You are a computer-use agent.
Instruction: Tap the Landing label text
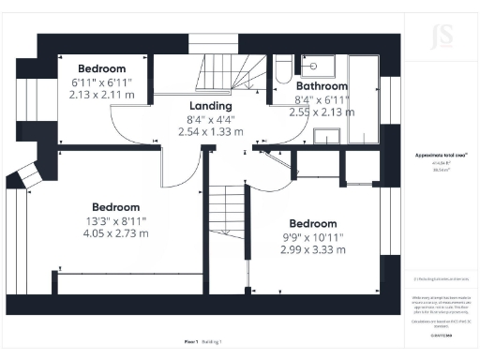pyautogui.click(x=210, y=106)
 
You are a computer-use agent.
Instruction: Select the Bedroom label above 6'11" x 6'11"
pyautogui.click(x=102, y=68)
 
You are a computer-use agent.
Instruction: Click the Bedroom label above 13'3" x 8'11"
pyautogui.click(x=116, y=207)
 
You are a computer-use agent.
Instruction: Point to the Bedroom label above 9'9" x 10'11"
pyautogui.click(x=313, y=223)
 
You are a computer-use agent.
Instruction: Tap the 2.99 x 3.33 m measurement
pyautogui.click(x=313, y=249)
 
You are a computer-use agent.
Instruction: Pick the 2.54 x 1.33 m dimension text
pyautogui.click(x=210, y=132)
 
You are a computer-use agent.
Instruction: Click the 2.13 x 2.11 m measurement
pyautogui.click(x=102, y=94)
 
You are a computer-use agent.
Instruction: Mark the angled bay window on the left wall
pyautogui.click(x=26, y=173)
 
